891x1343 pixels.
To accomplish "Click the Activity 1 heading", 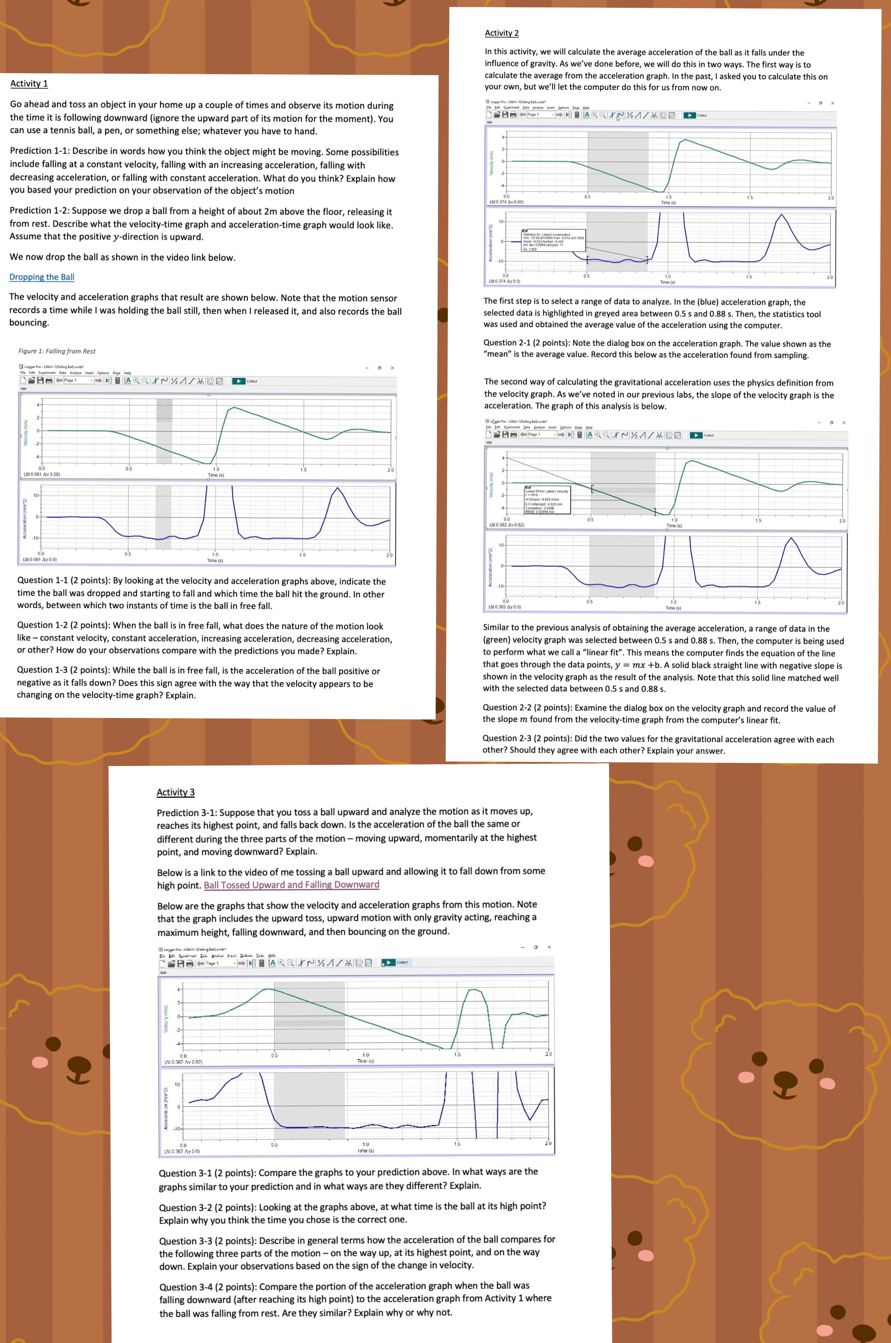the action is tap(29, 84).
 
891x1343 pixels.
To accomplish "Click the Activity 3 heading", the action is tap(176, 792).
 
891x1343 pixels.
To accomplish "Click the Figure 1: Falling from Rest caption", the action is tap(57, 351).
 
